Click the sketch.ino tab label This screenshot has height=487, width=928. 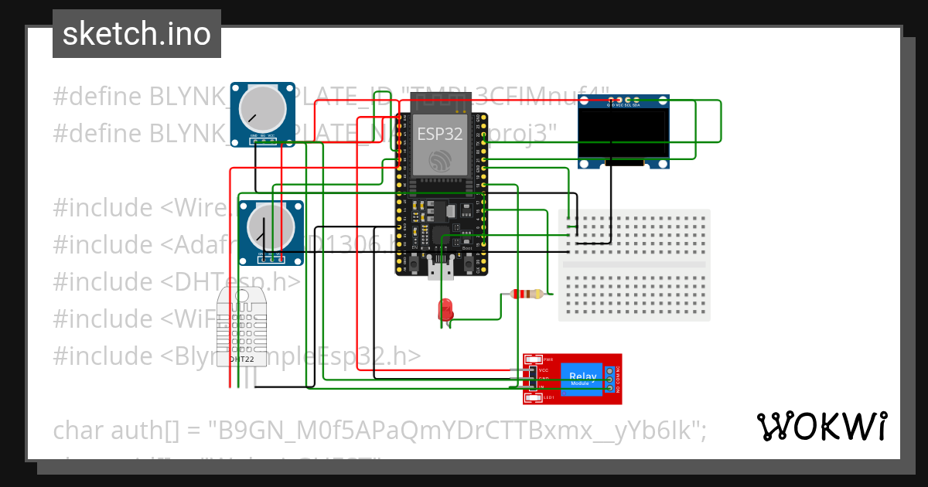point(137,34)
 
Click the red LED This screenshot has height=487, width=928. point(446,309)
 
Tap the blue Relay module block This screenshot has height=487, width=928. point(582,378)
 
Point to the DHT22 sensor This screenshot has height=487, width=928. point(241,329)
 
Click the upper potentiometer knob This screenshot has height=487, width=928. point(262,109)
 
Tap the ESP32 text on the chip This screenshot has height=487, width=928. point(439,133)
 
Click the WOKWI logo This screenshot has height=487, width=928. point(821,426)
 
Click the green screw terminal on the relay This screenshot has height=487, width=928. point(610,379)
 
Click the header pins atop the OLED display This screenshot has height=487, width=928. point(624,100)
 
